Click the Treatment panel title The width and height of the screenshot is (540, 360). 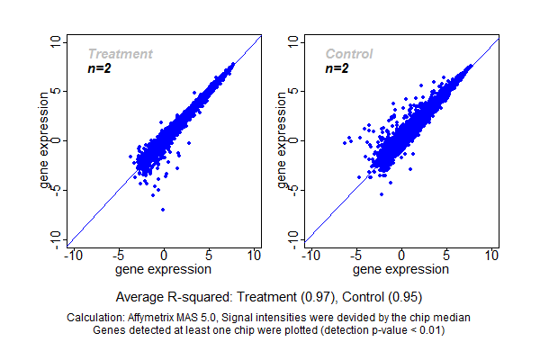tap(120, 54)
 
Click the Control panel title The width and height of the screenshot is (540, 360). tap(349, 54)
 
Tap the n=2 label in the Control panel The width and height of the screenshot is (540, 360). tap(337, 68)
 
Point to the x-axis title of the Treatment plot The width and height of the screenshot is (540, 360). tap(165, 268)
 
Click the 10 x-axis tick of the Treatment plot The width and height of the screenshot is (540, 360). tap(255, 255)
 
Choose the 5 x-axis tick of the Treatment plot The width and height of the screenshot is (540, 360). tap(210, 255)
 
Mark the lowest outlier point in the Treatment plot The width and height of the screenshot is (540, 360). tap(163, 210)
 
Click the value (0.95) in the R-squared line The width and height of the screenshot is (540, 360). tap(405, 296)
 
